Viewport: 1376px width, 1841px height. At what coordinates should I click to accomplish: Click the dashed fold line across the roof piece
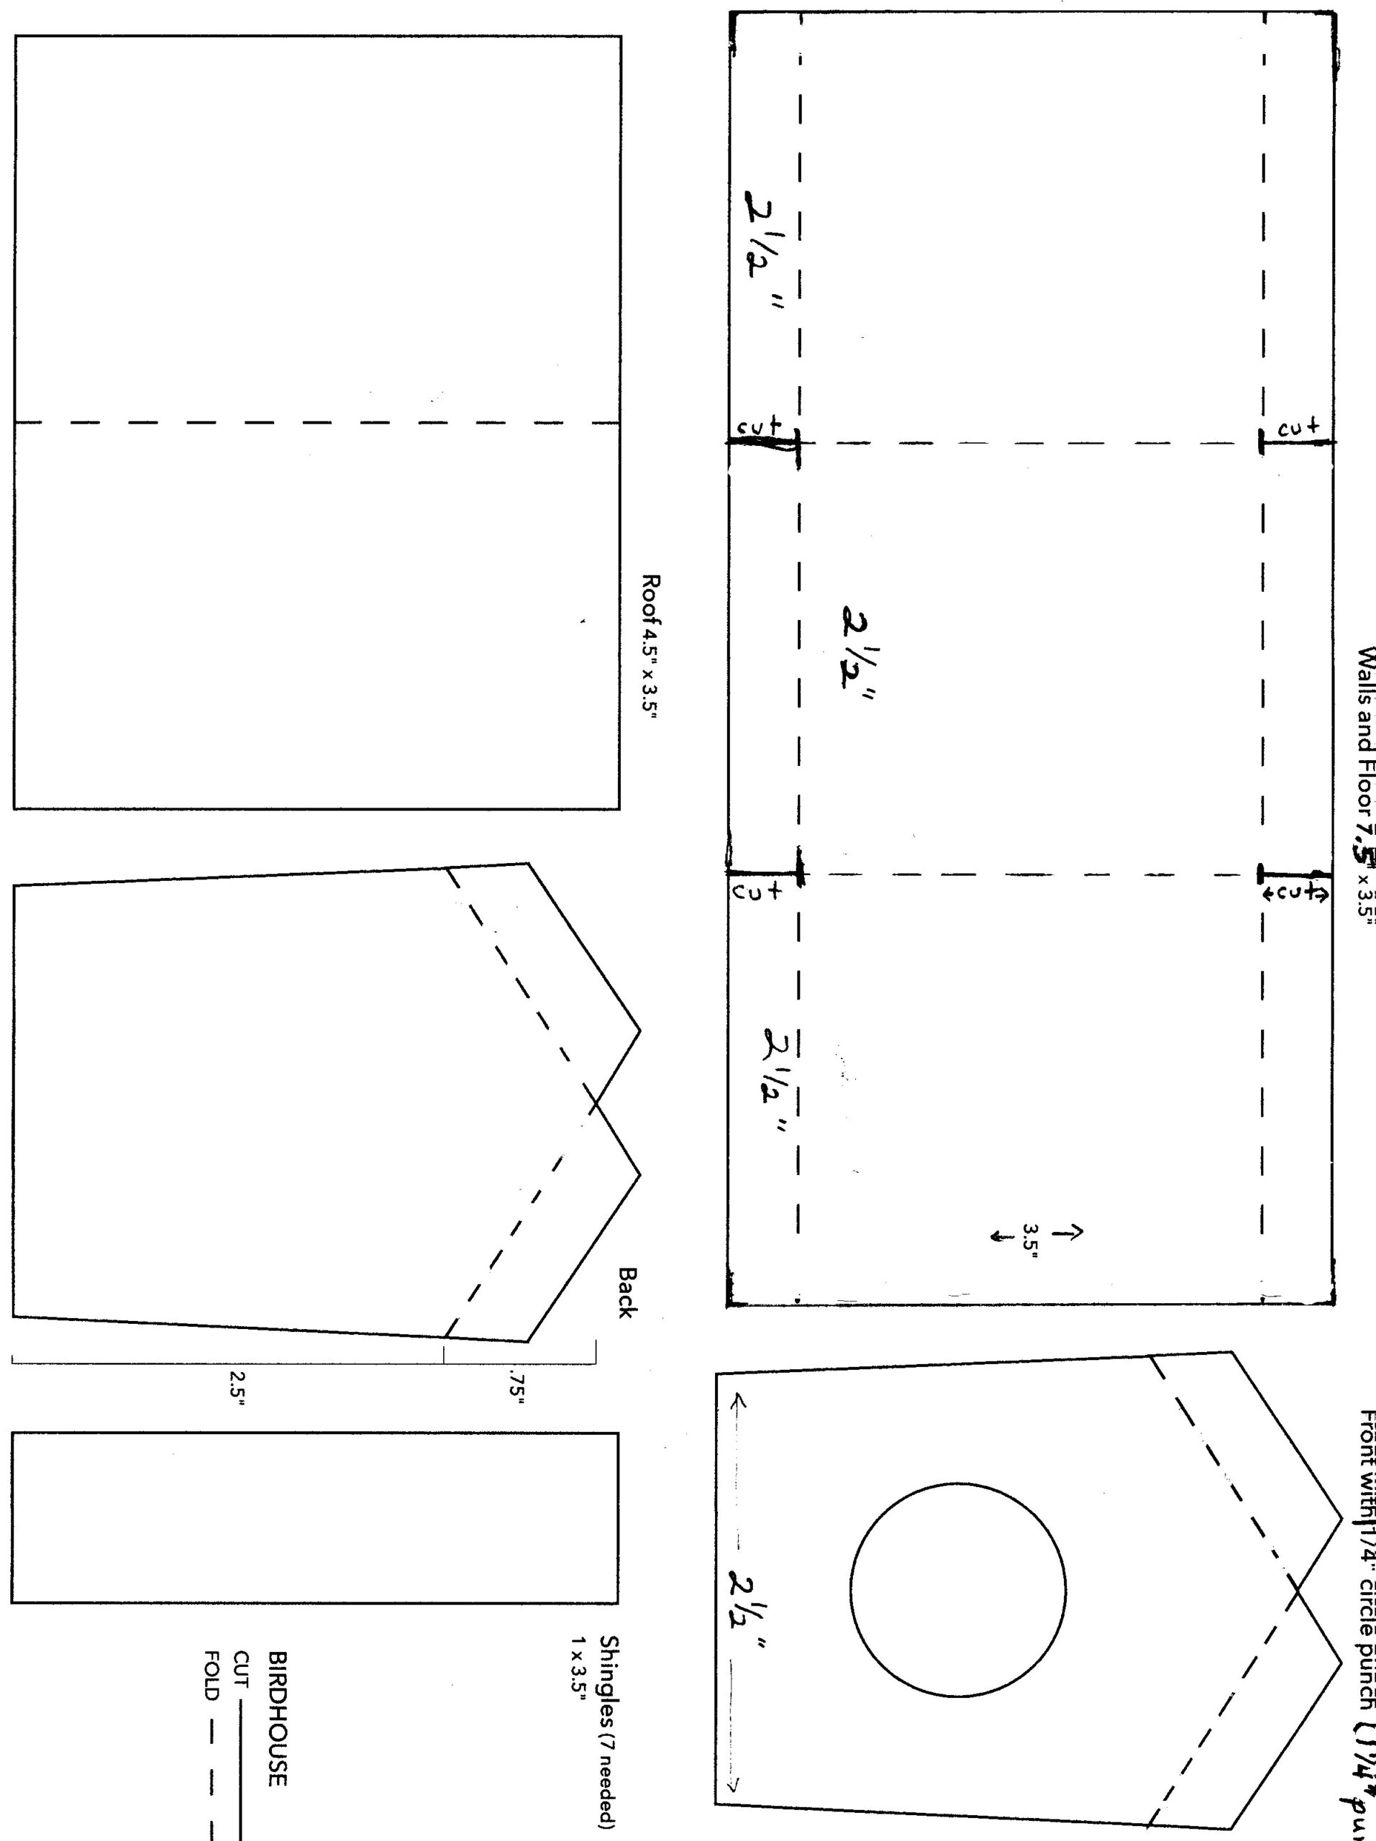coord(316,422)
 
